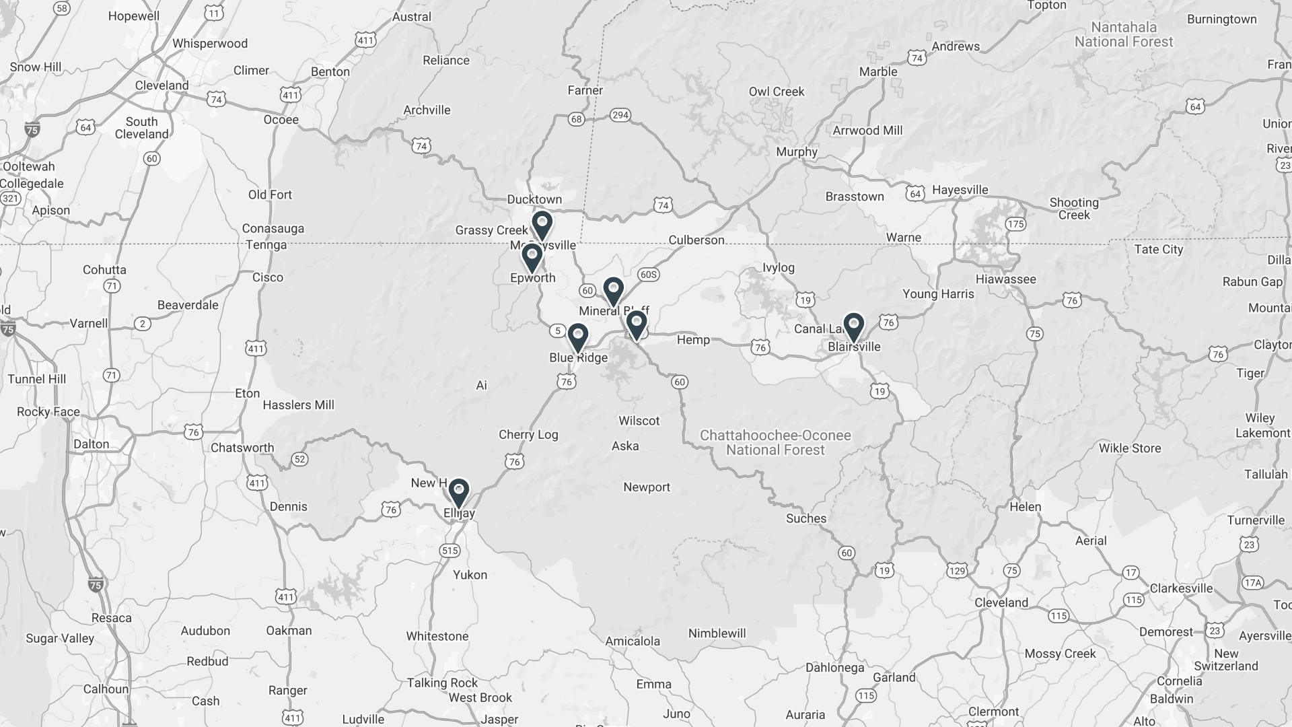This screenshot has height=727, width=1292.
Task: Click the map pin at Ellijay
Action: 458,493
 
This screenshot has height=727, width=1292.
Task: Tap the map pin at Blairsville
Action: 853,327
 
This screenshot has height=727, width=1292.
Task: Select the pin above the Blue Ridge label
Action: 577,337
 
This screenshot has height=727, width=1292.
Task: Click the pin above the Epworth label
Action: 532,258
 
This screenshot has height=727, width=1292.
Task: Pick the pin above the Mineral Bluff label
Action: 613,291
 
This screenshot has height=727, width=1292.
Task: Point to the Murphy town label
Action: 797,152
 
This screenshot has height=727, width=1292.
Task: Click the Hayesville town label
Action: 960,191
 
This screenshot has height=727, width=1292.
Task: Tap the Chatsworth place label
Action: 242,448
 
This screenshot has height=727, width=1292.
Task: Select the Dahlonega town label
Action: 834,668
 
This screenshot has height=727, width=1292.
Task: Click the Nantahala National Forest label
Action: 1124,35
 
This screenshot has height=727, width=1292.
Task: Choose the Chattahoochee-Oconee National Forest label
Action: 775,443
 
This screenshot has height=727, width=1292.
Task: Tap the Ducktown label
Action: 534,200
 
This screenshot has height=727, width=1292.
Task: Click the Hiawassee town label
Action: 1005,279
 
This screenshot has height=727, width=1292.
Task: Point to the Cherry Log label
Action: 528,435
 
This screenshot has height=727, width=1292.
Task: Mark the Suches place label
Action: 806,518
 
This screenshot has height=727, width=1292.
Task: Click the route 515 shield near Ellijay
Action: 450,551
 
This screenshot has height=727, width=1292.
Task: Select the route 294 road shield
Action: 620,115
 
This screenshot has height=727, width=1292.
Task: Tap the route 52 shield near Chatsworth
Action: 299,459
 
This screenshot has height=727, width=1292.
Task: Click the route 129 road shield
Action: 957,571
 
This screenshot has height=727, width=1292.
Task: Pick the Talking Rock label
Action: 442,683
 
